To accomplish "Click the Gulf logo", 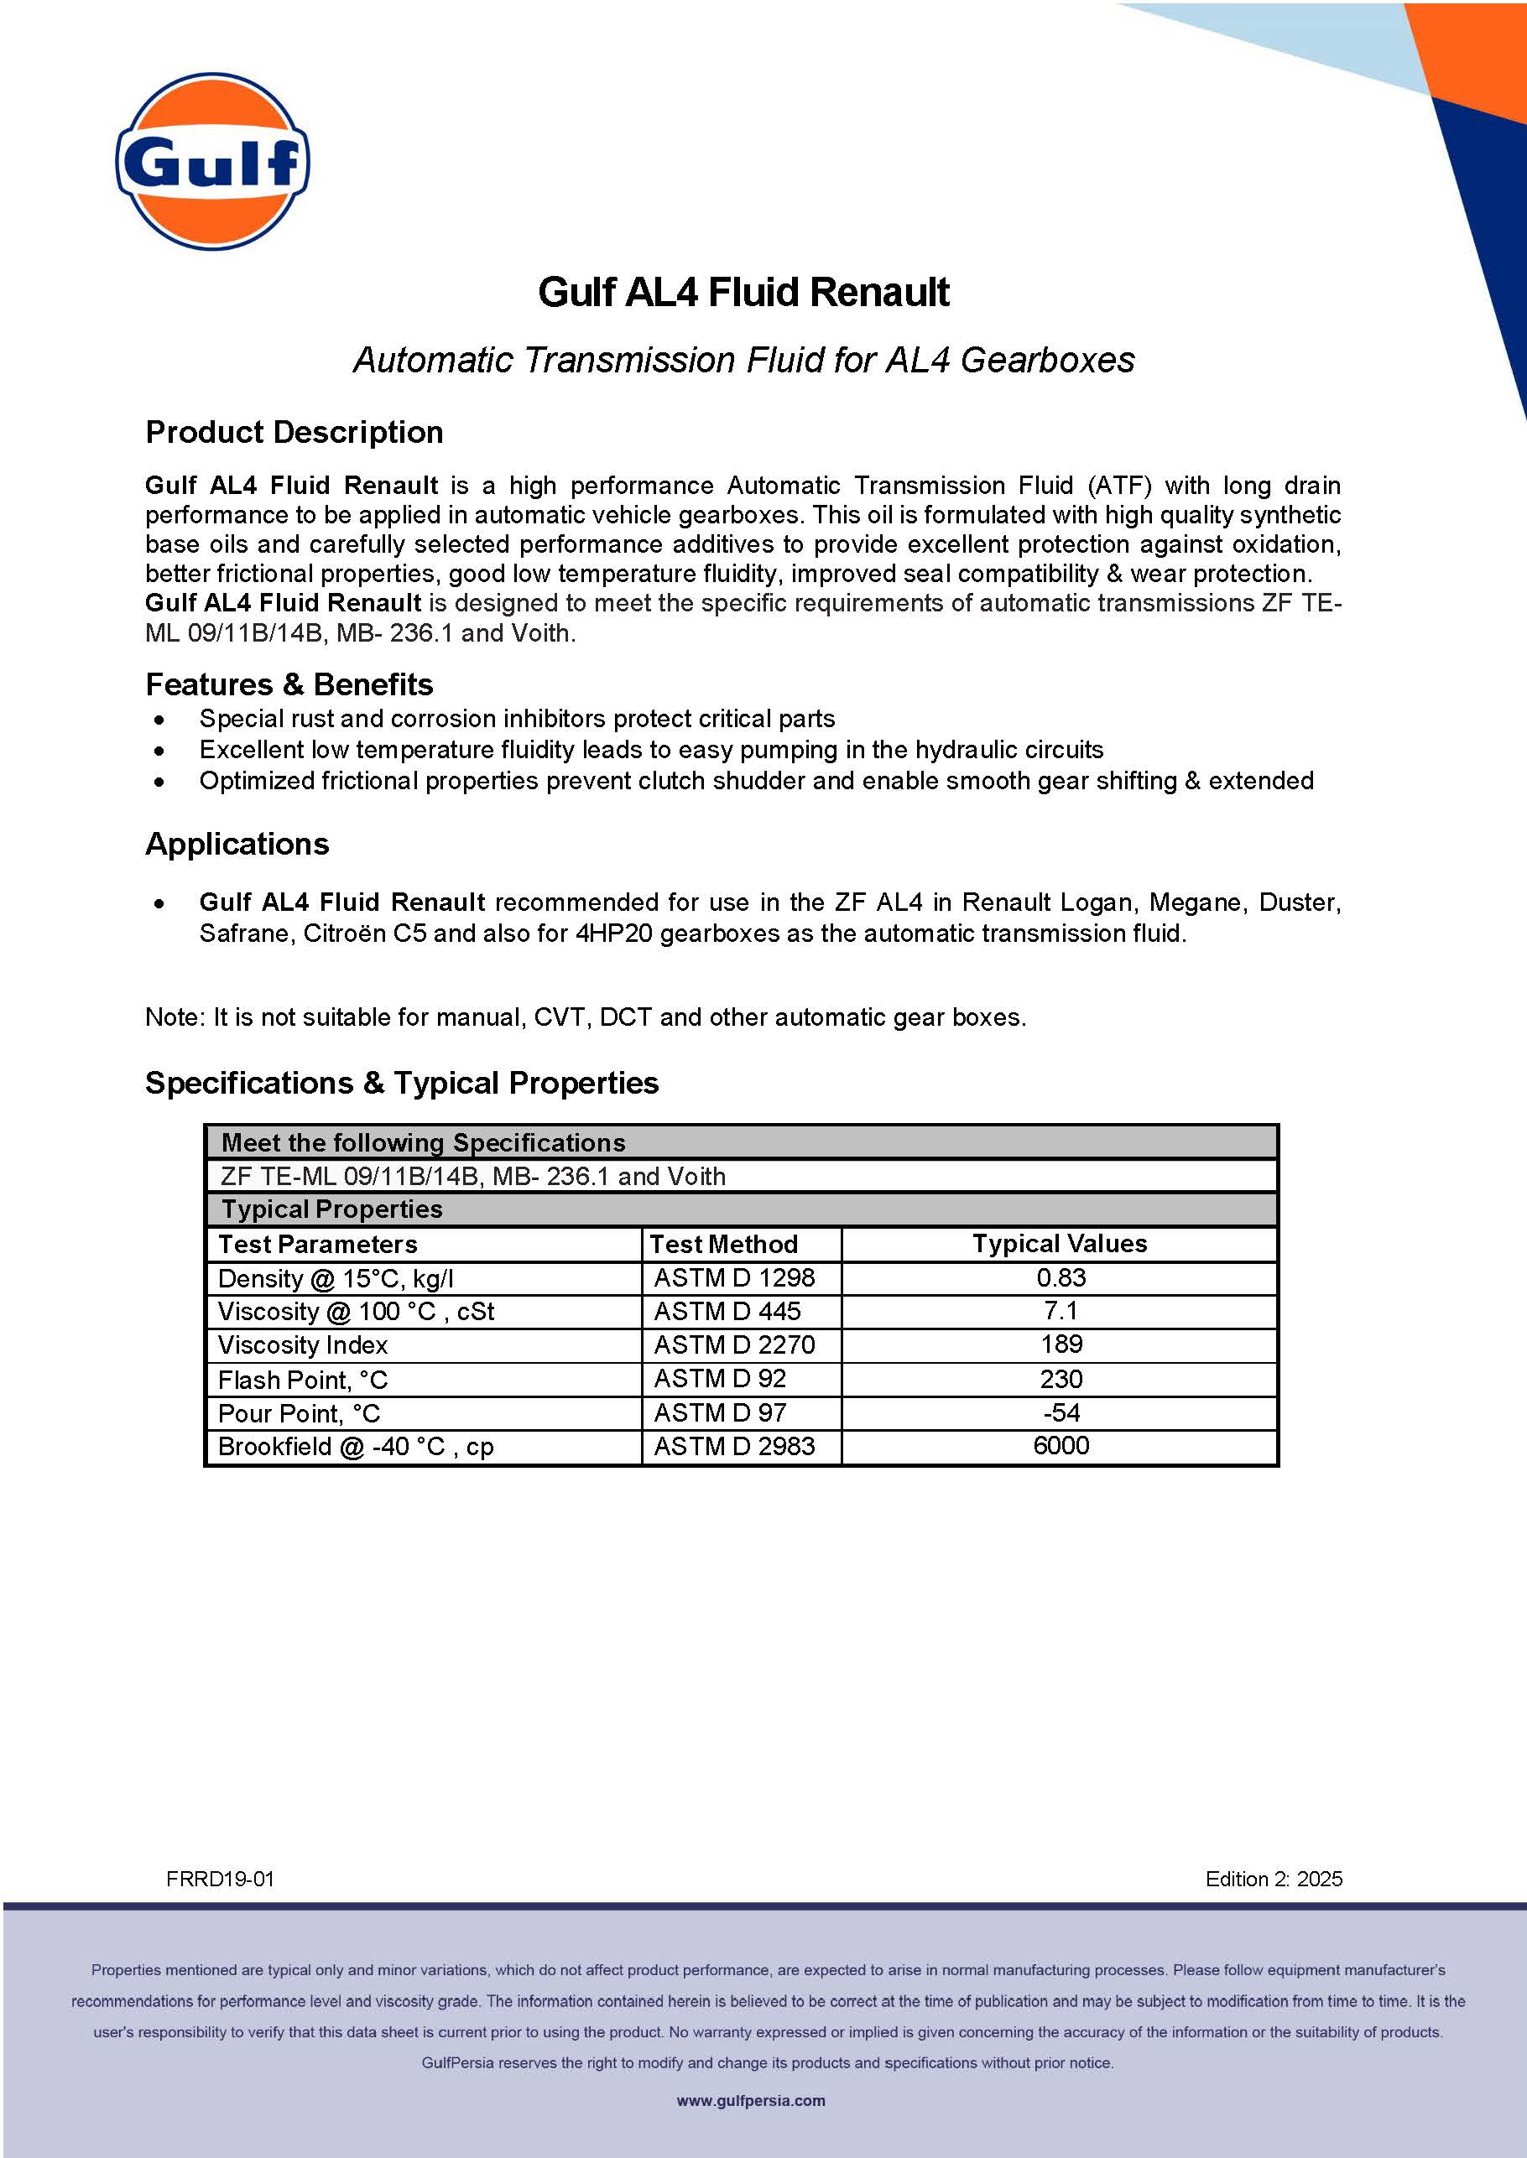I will click(x=212, y=161).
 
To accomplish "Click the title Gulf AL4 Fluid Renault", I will click(x=743, y=293).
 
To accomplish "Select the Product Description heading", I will click(x=294, y=432).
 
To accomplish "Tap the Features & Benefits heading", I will click(x=289, y=684).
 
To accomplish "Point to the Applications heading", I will click(x=237, y=844).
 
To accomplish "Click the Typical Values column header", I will click(x=1059, y=1244).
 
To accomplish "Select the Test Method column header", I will click(x=723, y=1244).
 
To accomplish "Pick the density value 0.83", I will click(x=1061, y=1277).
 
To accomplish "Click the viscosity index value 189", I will click(x=1061, y=1344).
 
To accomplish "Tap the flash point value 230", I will click(x=1061, y=1379).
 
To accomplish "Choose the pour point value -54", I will click(x=1061, y=1412).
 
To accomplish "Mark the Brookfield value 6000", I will click(x=1061, y=1446).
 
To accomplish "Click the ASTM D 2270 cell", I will click(x=733, y=1345).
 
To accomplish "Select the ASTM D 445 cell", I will click(x=727, y=1311).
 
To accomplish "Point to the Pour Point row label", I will click(x=299, y=1413).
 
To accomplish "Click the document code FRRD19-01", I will click(x=220, y=1879).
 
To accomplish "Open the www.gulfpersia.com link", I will click(x=750, y=2101).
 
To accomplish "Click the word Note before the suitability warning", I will click(x=173, y=1017).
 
